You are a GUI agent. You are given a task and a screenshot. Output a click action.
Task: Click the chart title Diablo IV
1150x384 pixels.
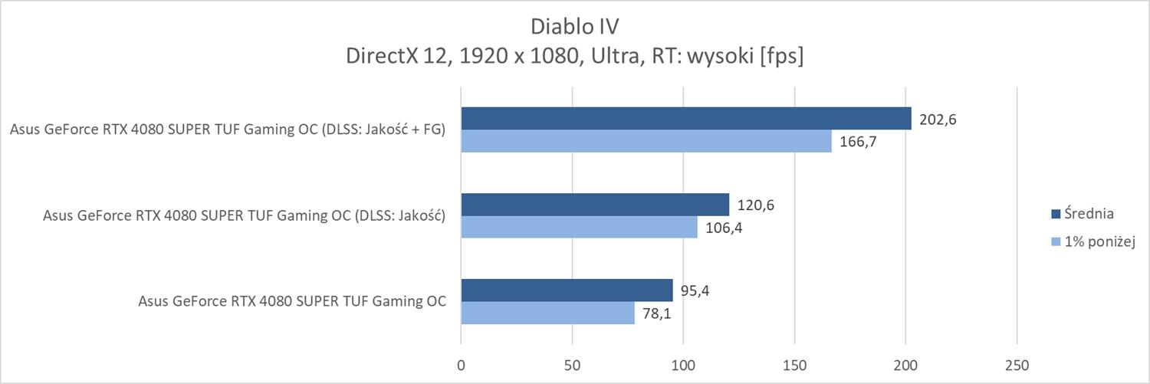click(574, 26)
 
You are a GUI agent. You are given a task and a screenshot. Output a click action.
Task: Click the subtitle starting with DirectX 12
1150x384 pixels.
click(574, 57)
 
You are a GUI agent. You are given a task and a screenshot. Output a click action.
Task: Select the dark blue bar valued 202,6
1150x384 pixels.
click(685, 119)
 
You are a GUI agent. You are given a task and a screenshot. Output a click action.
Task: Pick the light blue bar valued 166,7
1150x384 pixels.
click(646, 141)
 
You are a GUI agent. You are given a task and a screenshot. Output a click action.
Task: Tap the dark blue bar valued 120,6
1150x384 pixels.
click(594, 205)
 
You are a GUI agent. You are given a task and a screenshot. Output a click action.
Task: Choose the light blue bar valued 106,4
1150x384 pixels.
click(579, 227)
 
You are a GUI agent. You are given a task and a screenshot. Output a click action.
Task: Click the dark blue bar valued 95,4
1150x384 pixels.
click(567, 290)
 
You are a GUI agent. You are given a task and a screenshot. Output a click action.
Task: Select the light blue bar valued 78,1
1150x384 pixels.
click(547, 313)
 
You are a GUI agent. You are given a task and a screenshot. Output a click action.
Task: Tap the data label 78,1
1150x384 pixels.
click(657, 313)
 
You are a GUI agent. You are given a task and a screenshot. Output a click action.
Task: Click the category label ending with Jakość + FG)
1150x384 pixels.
click(228, 130)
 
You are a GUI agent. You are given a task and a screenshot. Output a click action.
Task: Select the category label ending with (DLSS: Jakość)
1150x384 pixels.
click(245, 216)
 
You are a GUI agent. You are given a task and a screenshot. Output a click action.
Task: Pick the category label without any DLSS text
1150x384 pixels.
click(292, 302)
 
